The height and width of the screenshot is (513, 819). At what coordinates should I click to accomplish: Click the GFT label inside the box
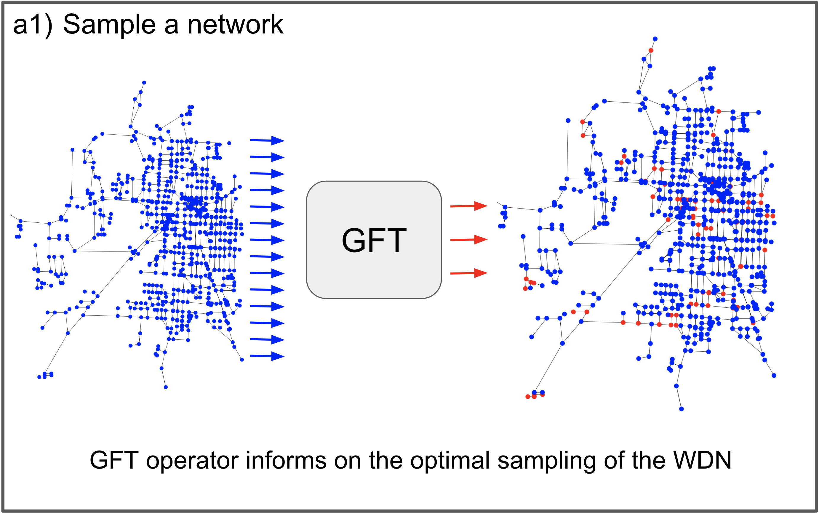[374, 240]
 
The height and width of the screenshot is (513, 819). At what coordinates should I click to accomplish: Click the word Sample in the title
[109, 25]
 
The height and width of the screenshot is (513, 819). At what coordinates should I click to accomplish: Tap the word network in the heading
[235, 25]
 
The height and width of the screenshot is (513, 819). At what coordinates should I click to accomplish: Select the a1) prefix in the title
[33, 25]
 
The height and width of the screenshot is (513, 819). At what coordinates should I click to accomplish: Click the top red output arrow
[468, 206]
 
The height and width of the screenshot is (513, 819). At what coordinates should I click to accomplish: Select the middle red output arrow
[468, 240]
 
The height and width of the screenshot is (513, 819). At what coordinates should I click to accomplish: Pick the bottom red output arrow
[468, 273]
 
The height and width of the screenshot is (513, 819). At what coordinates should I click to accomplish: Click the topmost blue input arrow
[267, 140]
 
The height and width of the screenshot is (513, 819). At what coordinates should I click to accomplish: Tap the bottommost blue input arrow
[267, 356]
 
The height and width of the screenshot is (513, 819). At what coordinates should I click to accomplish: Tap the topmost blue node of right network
[655, 39]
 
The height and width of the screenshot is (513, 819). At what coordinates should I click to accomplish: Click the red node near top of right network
[651, 50]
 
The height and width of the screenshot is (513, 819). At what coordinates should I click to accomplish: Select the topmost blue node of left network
[144, 82]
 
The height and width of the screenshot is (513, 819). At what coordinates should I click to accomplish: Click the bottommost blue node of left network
[166, 387]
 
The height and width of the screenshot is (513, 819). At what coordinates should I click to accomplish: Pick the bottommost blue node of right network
[681, 409]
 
